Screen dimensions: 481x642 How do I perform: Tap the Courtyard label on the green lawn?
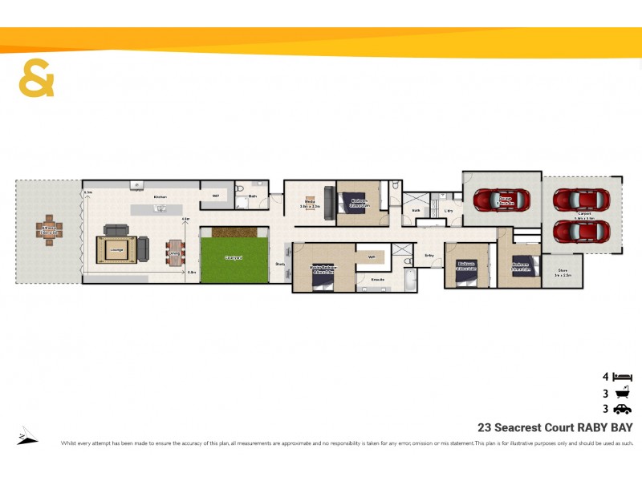pyautogui.click(x=234, y=257)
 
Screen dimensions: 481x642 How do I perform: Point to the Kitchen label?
pyautogui.click(x=160, y=196)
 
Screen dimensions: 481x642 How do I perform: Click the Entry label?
pyautogui.click(x=429, y=256)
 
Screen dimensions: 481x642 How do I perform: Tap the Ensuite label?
pyautogui.click(x=377, y=279)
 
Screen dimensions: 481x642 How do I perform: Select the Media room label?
pyautogui.click(x=310, y=203)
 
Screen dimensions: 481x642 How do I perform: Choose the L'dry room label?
pyautogui.click(x=449, y=211)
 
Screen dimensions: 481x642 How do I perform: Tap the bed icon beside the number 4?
pyautogui.click(x=622, y=376)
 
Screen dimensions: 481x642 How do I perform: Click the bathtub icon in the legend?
pyautogui.click(x=622, y=393)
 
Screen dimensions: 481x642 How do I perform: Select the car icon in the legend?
pyautogui.click(x=622, y=409)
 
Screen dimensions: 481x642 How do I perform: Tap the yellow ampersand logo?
pyautogui.click(x=37, y=78)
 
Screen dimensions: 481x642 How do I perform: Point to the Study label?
pyautogui.click(x=280, y=264)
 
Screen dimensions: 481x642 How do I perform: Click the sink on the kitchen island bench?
pyautogui.click(x=160, y=208)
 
